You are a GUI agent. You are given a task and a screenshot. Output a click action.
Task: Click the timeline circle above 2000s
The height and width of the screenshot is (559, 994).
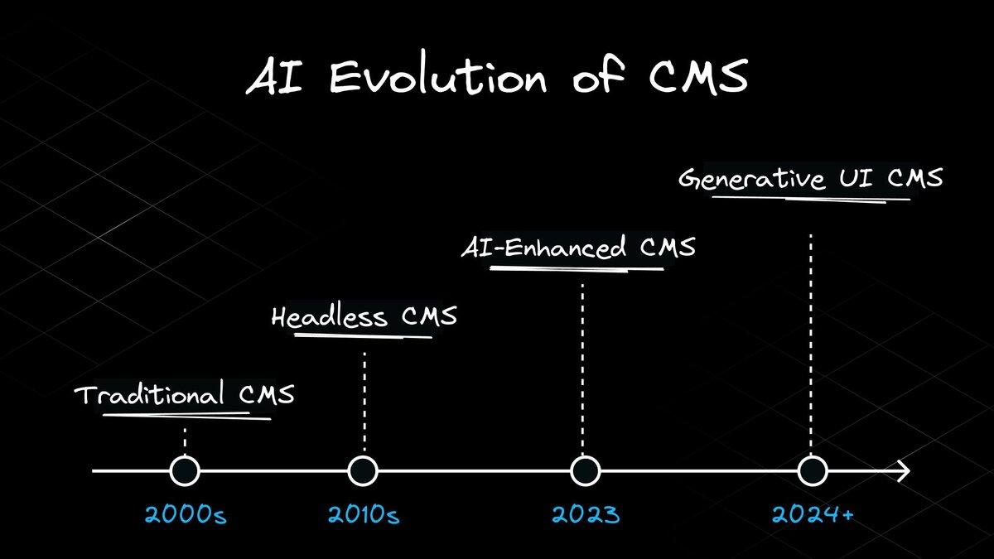[185, 471]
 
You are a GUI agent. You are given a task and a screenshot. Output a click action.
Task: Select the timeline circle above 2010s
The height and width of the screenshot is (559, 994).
[363, 471]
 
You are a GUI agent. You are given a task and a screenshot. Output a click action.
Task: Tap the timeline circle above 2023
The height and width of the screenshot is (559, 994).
[585, 471]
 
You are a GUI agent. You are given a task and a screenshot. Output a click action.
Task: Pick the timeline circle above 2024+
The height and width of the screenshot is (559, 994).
[813, 471]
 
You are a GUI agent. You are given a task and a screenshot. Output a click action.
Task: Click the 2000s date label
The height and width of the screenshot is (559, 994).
[186, 515]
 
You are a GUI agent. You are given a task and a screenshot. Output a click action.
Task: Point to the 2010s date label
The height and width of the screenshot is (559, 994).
[364, 515]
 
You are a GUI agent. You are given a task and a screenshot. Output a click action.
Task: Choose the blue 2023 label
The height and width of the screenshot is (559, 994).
[586, 515]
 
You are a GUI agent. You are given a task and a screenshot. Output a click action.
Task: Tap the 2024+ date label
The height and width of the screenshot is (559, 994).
[813, 515]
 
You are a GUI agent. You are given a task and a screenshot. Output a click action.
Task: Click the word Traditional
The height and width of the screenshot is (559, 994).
[149, 395]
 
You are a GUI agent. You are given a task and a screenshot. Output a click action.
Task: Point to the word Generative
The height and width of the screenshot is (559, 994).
[751, 179]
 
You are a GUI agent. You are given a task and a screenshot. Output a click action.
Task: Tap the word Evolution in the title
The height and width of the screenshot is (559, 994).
[438, 79]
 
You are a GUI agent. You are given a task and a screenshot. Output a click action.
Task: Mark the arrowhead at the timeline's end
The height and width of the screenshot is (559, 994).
[904, 471]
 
